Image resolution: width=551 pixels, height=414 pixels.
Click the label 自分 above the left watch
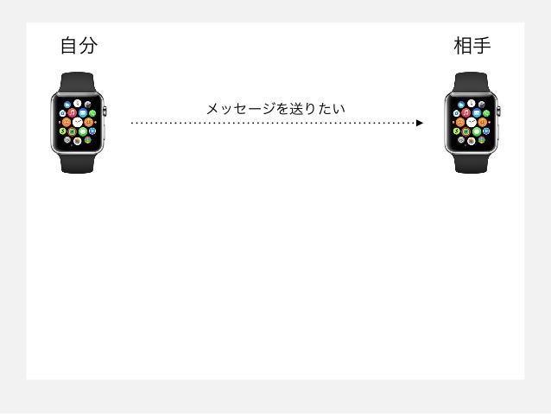(x=78, y=46)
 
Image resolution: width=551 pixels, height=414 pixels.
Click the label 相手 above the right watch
(x=472, y=46)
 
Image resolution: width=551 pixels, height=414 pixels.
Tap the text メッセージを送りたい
(x=275, y=109)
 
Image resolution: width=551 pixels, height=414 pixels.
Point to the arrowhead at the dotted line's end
(x=420, y=123)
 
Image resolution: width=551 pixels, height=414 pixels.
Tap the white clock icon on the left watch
(x=78, y=122)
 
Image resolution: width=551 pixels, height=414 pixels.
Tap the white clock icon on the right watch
(x=472, y=122)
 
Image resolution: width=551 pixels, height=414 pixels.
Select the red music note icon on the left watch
(x=73, y=112)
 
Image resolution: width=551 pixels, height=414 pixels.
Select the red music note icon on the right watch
(x=466, y=112)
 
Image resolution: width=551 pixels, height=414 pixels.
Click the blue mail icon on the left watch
(x=83, y=112)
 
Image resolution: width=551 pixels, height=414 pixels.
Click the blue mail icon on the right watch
(x=478, y=112)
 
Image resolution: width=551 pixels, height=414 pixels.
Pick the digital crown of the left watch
(x=106, y=111)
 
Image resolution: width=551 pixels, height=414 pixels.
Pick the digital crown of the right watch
(x=501, y=111)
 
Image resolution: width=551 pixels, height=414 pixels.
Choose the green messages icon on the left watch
(x=83, y=131)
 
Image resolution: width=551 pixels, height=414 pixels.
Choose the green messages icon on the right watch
(x=478, y=131)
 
